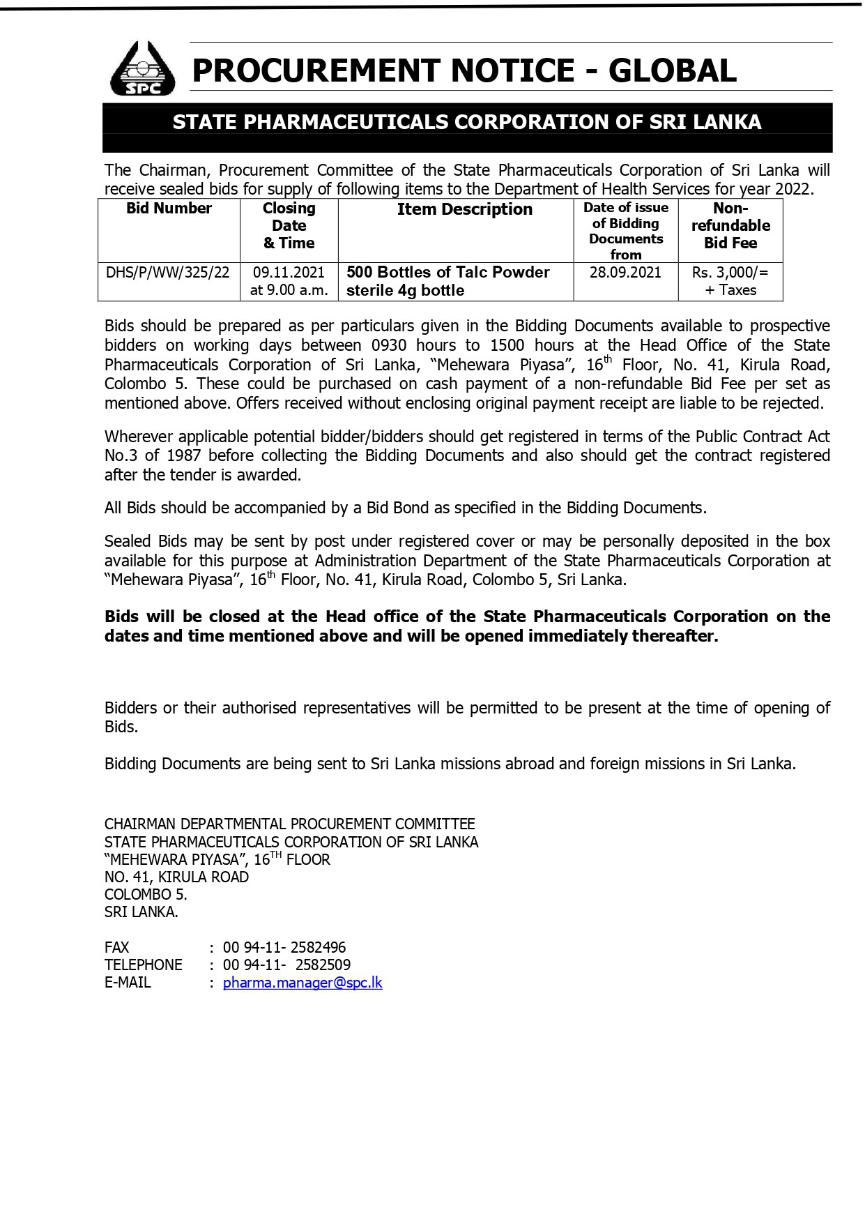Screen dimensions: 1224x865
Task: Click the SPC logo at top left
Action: [x=143, y=68]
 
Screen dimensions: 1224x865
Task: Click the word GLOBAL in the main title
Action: [x=672, y=71]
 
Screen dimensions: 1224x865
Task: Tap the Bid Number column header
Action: [x=169, y=209]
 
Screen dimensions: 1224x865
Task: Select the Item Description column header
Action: [x=464, y=209]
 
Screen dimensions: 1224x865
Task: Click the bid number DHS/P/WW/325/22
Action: [x=167, y=272]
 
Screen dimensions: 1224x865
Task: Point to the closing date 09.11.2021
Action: [x=289, y=272]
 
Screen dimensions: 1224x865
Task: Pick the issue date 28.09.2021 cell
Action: [x=625, y=272]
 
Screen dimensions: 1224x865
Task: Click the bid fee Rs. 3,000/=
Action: [x=730, y=272]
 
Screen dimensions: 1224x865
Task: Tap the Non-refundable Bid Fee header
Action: [x=730, y=225]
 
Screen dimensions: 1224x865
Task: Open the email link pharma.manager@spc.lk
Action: [x=303, y=983]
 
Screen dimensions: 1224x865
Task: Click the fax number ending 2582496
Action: [x=284, y=947]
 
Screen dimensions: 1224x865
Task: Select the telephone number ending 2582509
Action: [x=286, y=965]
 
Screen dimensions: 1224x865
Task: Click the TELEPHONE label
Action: [x=143, y=965]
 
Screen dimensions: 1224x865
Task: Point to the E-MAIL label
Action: [x=128, y=983]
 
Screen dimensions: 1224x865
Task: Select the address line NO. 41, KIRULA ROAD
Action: [x=176, y=877]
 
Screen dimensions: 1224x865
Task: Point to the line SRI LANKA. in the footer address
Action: [x=141, y=912]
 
